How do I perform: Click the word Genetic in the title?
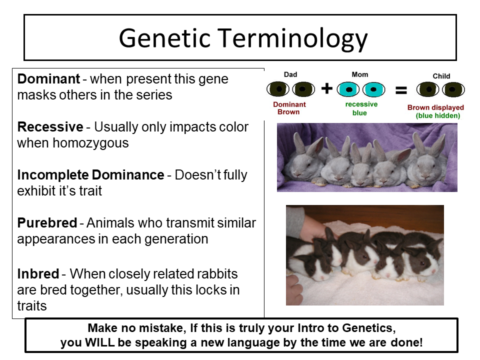click(164, 38)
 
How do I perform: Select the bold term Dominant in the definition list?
click(48, 79)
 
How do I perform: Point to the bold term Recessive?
click(50, 126)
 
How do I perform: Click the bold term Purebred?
click(47, 223)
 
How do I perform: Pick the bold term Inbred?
click(38, 273)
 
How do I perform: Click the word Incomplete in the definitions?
click(53, 175)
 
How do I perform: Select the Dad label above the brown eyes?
click(290, 74)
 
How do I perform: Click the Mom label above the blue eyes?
click(360, 74)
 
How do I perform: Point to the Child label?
click(441, 76)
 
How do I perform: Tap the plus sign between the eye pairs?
click(327, 88)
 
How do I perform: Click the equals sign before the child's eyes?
click(401, 90)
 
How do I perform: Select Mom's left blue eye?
click(348, 89)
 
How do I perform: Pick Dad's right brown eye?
click(303, 89)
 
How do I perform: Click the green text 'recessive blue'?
click(361, 108)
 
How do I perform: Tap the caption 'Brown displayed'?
click(435, 107)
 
